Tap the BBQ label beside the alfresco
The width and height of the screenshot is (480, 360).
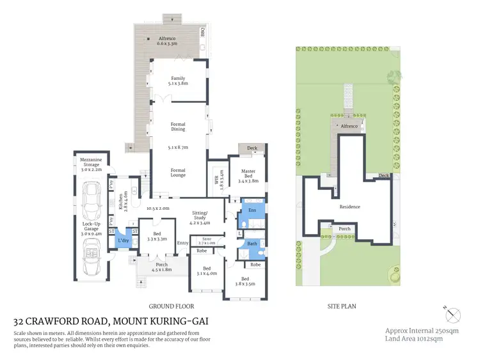pos(202,31)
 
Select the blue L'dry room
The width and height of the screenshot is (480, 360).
pos(124,240)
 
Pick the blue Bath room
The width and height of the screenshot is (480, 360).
pos(252,243)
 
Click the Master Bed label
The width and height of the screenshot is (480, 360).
pos(248,175)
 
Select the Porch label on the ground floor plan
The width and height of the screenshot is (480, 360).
pos(161,267)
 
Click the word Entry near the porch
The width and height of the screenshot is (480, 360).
pos(183,243)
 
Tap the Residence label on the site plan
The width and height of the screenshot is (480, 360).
pos(350,207)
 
